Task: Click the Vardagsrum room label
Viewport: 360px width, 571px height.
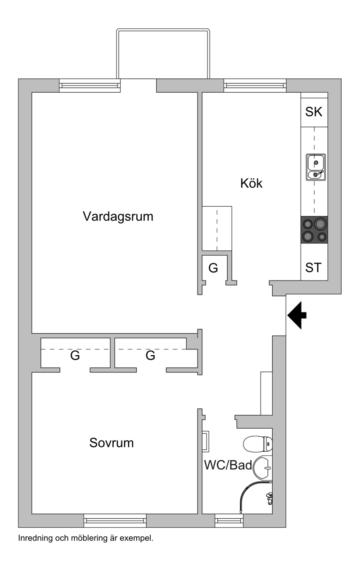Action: [118, 217]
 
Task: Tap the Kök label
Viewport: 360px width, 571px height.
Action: [251, 183]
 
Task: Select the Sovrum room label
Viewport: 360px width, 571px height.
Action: [112, 443]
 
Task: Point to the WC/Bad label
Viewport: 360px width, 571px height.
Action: [228, 465]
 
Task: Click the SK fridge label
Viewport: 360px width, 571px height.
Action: [314, 112]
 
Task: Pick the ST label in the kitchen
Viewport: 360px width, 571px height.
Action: [313, 267]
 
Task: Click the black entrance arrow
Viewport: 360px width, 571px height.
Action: [297, 315]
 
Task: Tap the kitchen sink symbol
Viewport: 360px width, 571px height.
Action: [315, 167]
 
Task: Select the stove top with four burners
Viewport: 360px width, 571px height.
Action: [314, 230]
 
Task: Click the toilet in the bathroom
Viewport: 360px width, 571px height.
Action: [258, 444]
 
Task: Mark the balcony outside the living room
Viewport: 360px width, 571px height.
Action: [163, 54]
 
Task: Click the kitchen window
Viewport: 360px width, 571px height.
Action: [255, 86]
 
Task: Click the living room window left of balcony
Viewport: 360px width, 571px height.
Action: [90, 86]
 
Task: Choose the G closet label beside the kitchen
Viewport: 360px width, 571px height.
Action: [213, 268]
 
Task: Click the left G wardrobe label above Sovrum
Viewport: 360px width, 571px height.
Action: [75, 355]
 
